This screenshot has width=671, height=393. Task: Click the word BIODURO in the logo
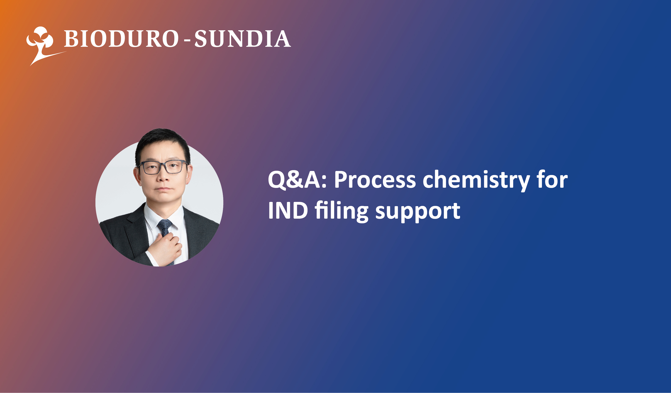pyautogui.click(x=121, y=39)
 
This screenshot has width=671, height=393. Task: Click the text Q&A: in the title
pyautogui.click(x=297, y=180)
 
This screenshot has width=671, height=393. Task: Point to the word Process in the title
pyautogui.click(x=375, y=180)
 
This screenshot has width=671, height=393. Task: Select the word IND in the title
pyautogui.click(x=288, y=210)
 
